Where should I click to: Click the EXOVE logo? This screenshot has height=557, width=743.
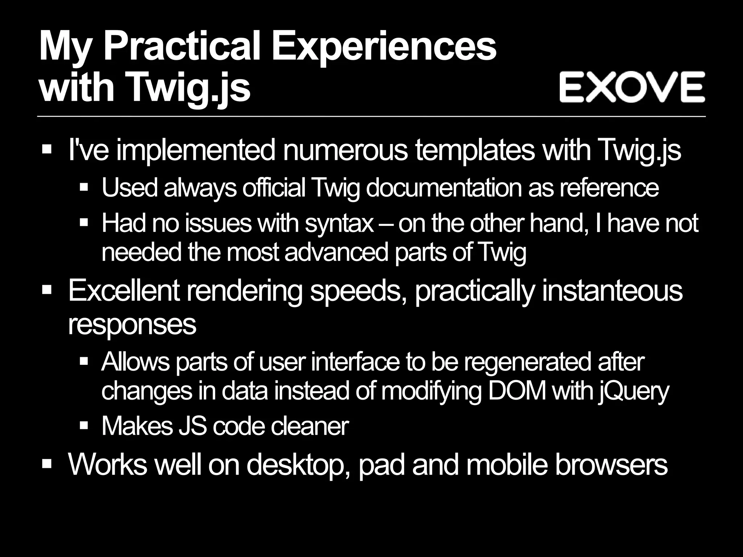click(x=632, y=87)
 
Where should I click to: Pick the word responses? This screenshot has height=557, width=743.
click(x=132, y=324)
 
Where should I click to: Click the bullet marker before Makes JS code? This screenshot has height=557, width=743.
click(x=84, y=425)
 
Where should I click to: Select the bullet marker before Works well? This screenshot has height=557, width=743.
click(x=47, y=464)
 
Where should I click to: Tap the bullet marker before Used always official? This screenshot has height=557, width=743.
click(x=84, y=187)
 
